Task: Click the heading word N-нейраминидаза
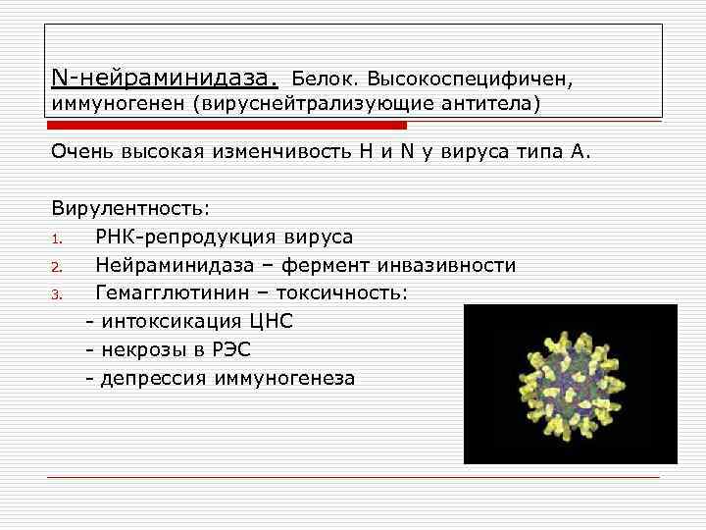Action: coord(165,76)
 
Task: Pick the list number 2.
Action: coord(58,267)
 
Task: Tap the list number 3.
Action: coord(58,294)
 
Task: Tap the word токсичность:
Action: coord(347,293)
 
